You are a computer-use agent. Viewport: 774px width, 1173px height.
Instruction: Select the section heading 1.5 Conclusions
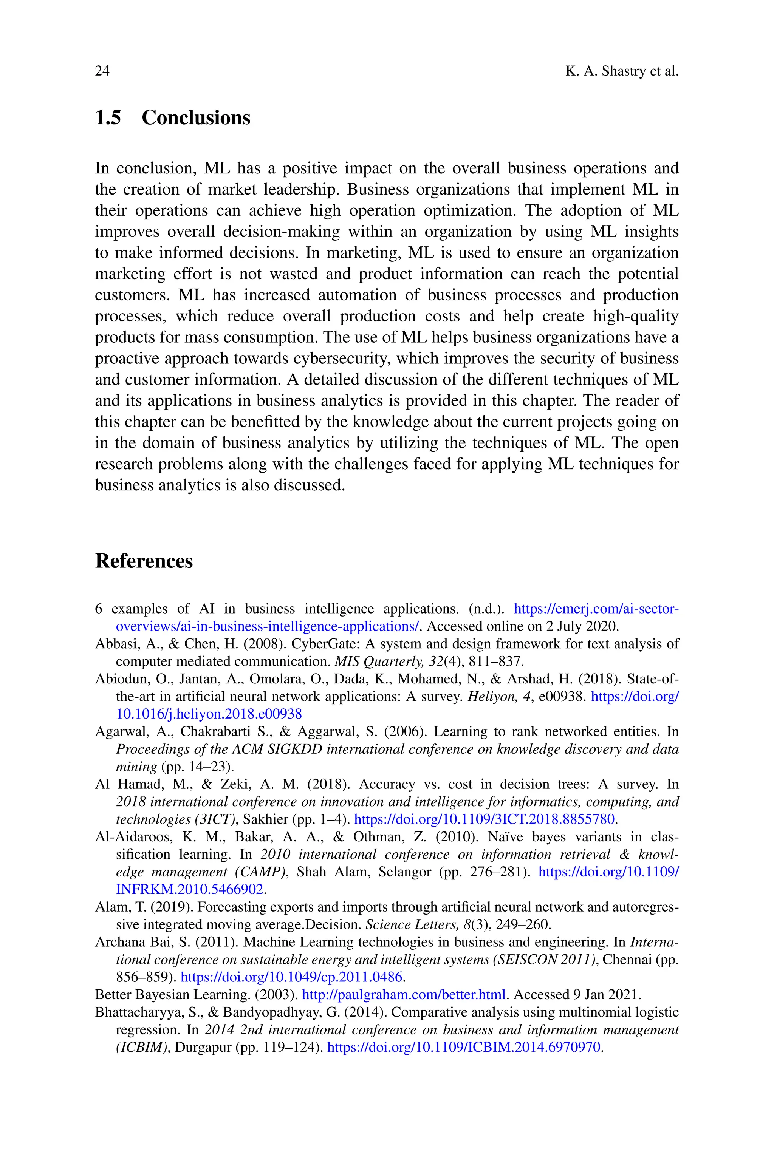click(172, 118)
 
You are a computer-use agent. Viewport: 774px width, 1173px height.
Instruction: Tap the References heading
click(144, 561)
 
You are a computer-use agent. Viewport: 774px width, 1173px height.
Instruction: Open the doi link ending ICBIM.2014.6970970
click(464, 1047)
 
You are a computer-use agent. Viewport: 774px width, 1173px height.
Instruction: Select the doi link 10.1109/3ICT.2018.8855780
click(485, 819)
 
